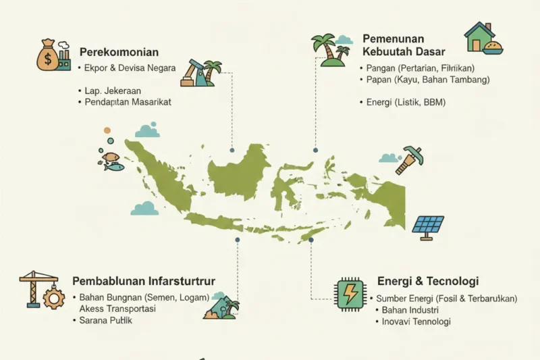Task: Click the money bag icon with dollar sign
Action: click(x=48, y=57)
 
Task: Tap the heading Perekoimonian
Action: click(x=119, y=52)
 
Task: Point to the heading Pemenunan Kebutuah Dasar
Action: click(x=404, y=46)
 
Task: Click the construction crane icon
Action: click(x=32, y=286)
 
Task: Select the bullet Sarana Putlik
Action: click(x=106, y=320)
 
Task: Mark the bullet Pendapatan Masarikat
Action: click(x=127, y=102)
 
